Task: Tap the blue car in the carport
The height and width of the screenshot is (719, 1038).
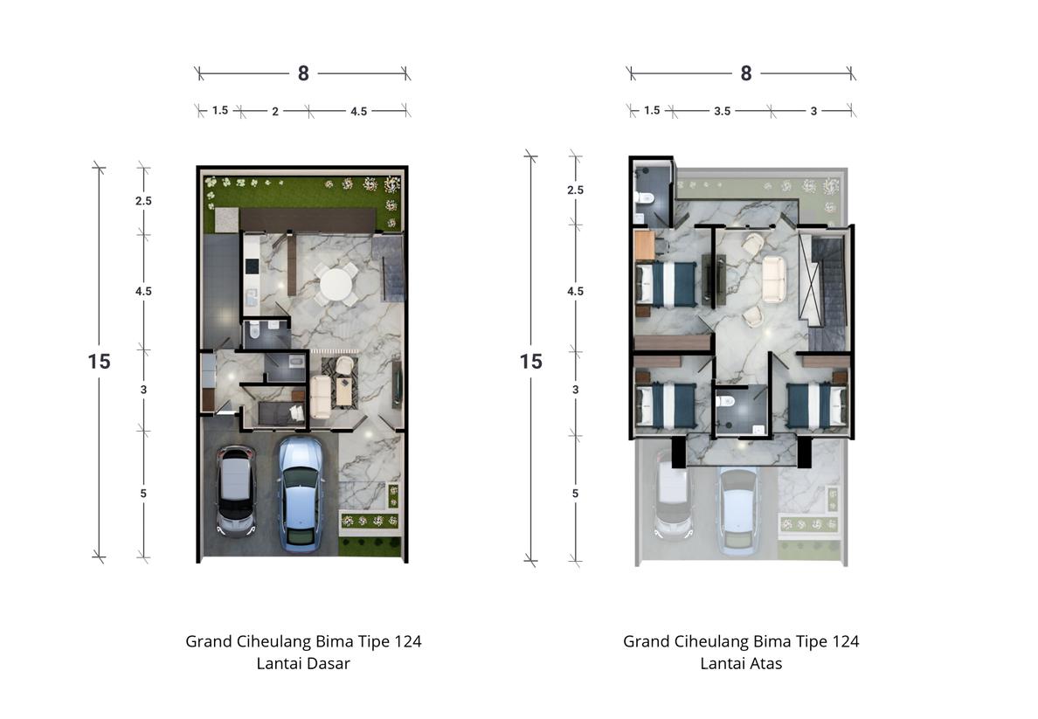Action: [x=301, y=494]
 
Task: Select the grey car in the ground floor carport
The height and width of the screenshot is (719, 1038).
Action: [x=236, y=491]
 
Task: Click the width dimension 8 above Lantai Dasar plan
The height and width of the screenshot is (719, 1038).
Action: [x=303, y=73]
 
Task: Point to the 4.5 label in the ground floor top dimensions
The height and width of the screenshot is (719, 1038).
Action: [x=359, y=111]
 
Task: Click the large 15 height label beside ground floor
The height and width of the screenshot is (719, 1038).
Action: [x=100, y=361]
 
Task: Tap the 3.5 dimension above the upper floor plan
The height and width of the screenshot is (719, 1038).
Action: [x=723, y=111]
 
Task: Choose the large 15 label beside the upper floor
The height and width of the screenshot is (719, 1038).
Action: [x=531, y=361]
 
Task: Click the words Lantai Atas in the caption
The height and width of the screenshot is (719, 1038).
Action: [x=741, y=663]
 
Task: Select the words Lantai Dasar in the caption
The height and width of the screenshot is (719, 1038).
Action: [x=303, y=663]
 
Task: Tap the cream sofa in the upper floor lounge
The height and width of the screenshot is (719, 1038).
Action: [x=774, y=279]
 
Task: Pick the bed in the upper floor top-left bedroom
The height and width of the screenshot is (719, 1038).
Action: [x=666, y=284]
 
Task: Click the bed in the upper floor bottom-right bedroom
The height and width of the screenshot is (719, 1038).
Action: [x=817, y=404]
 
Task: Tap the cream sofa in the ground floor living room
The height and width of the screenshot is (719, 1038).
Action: [x=321, y=398]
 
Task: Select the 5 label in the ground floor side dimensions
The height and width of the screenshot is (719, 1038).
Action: [x=143, y=494]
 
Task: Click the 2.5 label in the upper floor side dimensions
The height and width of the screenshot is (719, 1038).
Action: [x=575, y=190]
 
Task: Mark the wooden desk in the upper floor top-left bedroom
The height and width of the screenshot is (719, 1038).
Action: [x=645, y=245]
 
